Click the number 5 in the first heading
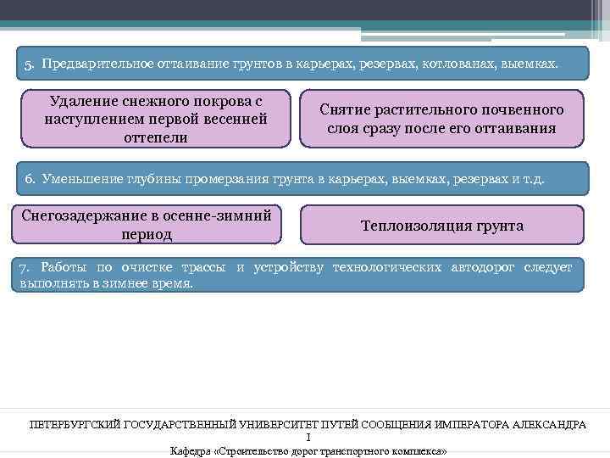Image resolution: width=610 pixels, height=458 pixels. (28, 64)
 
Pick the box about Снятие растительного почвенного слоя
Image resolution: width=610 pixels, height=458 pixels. (441, 120)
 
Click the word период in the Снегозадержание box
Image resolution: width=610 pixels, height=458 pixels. (147, 234)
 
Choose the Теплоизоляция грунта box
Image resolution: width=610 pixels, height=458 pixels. (441, 226)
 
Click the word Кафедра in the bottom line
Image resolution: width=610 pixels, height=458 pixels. (191, 450)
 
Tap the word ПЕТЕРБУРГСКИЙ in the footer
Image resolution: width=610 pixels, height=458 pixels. (75, 424)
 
